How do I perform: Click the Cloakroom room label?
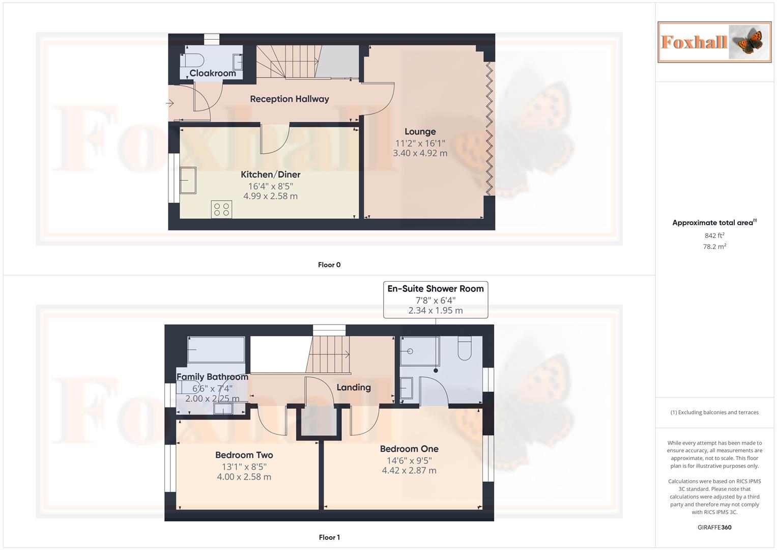coord(213,73)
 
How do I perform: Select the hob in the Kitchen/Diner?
coord(221,209)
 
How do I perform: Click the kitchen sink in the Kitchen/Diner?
coord(188,180)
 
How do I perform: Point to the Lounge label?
coord(420,132)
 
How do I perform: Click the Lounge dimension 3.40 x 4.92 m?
coord(420,153)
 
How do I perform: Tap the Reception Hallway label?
coord(289,99)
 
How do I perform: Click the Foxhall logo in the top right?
coord(714,42)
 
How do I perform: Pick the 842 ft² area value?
coord(714,236)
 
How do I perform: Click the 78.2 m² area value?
coord(714,246)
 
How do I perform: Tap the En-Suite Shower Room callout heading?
coord(435,289)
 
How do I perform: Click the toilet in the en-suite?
coord(465,348)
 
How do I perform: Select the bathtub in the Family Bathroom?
coord(216,349)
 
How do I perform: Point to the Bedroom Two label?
coord(244,455)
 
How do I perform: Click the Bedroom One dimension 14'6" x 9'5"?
coord(409,460)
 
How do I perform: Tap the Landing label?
coord(354,388)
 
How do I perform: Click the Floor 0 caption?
coord(329,265)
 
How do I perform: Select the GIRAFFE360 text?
coord(714,528)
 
